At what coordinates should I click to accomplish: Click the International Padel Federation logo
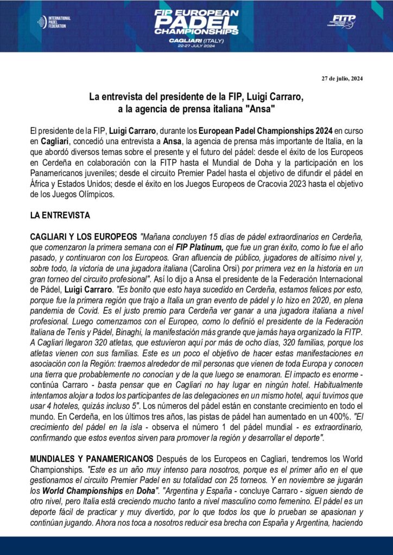click(x=54, y=22)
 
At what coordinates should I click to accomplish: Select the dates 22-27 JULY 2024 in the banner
click(x=196, y=46)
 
